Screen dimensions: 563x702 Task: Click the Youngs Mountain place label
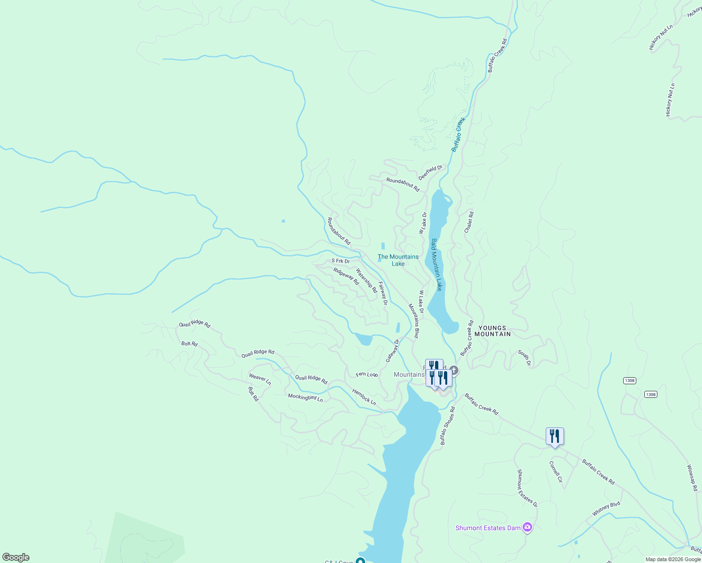tap(492, 331)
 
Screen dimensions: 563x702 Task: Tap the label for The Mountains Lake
tap(398, 260)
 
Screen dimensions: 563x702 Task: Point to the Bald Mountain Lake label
tap(436, 265)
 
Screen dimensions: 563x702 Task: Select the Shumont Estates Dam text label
tap(488, 528)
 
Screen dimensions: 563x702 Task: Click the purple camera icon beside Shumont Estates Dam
tap(527, 528)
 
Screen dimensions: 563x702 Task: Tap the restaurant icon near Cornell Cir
tap(555, 436)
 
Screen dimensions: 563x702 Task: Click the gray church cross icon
tap(454, 370)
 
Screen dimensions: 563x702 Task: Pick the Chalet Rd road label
tap(469, 222)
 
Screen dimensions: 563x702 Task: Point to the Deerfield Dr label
tap(430, 172)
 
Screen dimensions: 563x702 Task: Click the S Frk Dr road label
tap(340, 261)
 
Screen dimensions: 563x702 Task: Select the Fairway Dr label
tap(383, 294)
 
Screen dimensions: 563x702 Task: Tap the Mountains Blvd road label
tap(413, 321)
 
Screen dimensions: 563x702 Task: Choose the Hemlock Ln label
tap(364, 397)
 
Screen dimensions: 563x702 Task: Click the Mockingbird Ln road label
tap(305, 397)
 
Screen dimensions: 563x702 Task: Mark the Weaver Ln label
tap(260, 379)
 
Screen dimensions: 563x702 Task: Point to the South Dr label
tap(524, 358)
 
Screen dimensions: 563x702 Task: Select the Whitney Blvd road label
tap(606, 509)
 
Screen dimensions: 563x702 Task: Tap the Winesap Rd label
tap(692, 478)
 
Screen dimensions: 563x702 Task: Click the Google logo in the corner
tap(16, 557)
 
